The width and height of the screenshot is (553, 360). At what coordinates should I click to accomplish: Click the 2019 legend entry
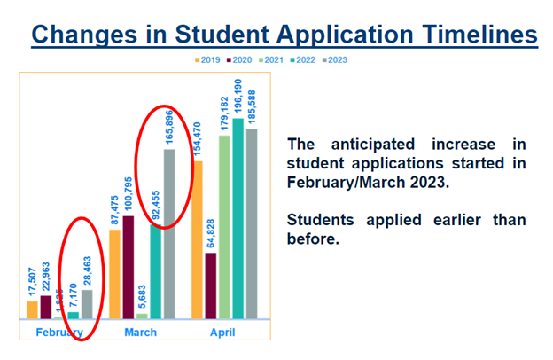click(208, 60)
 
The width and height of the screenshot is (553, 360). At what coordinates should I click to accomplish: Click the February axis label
click(59, 333)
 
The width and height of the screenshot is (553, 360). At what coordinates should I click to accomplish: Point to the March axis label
click(140, 333)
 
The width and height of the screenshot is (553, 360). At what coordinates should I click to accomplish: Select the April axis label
click(222, 333)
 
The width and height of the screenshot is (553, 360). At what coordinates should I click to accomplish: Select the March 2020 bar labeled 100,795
click(129, 266)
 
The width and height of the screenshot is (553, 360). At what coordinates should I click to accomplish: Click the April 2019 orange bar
click(197, 239)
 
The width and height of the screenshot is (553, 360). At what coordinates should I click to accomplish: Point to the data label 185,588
click(252, 104)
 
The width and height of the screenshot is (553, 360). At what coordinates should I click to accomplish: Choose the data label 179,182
click(224, 110)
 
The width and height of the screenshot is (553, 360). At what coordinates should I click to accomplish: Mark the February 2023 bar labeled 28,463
click(87, 303)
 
